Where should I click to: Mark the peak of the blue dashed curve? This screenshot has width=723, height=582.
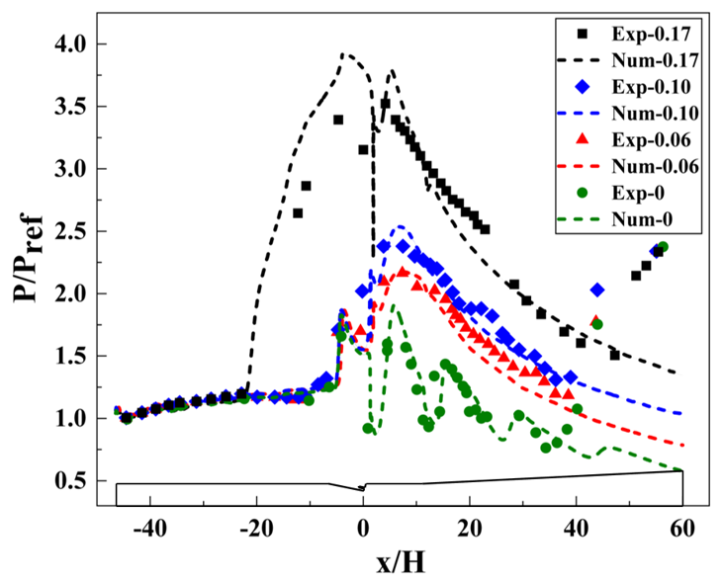click(x=399, y=226)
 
